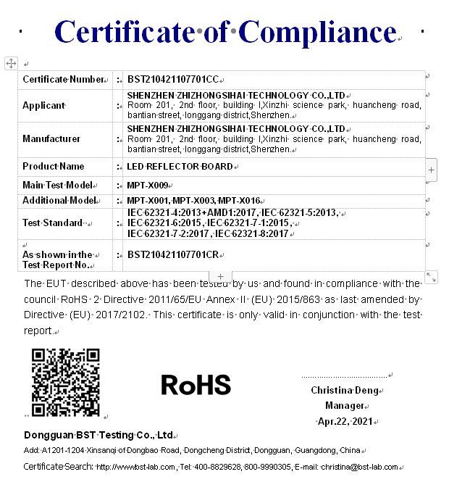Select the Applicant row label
click(43, 105)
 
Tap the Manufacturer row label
click(51, 138)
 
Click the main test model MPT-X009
click(147, 186)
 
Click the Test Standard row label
click(52, 223)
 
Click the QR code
click(65, 382)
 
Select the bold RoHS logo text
click(196, 385)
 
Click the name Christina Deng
click(340, 391)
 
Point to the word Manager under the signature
click(344, 406)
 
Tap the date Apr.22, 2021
click(344, 421)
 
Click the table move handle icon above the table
click(11, 64)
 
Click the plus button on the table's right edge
click(432, 170)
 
